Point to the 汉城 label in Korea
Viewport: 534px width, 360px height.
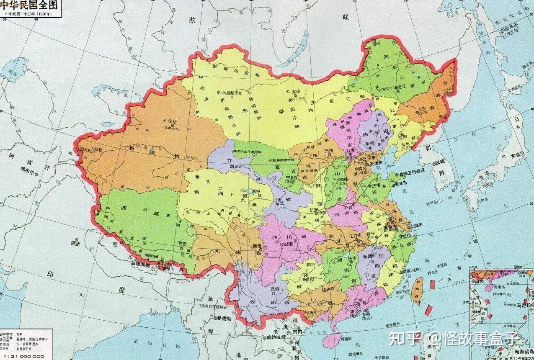(440, 161)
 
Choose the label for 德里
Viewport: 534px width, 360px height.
(75, 242)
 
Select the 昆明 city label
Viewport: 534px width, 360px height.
(275, 289)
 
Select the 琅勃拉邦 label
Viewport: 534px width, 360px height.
(276, 337)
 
